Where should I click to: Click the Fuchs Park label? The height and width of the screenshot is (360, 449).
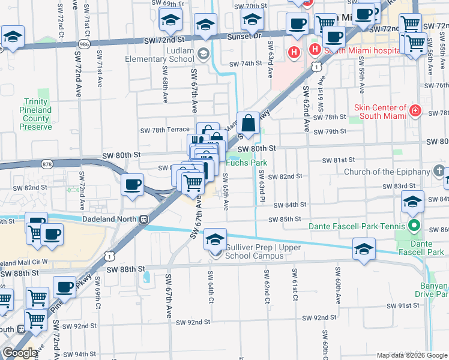(246, 163)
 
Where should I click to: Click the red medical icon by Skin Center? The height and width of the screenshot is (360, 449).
(415, 110)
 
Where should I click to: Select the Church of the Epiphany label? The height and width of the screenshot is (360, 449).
(387, 172)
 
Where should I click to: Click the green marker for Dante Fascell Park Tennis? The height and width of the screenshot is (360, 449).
(412, 226)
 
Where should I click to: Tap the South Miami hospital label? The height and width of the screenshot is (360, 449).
(362, 51)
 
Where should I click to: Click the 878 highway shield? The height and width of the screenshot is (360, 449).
(47, 163)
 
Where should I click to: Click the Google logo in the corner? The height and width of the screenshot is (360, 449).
(20, 353)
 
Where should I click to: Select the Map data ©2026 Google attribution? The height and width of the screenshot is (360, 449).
(412, 355)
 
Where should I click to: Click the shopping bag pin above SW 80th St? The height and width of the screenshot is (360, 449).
(248, 124)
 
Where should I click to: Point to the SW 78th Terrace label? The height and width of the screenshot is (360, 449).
(164, 130)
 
